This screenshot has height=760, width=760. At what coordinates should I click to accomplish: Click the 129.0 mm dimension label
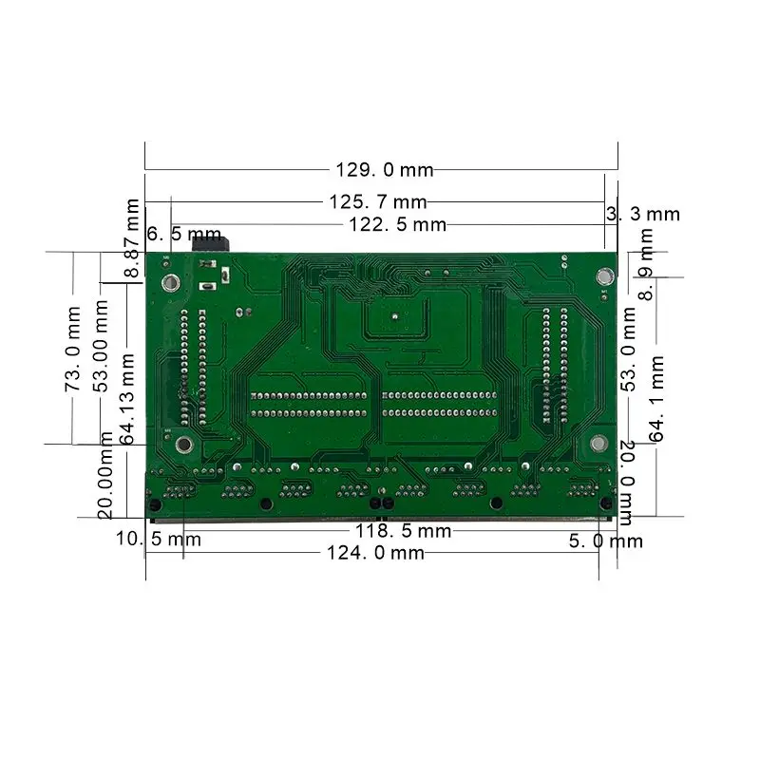coord(384,170)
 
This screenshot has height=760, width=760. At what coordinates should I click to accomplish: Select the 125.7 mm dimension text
coord(377,201)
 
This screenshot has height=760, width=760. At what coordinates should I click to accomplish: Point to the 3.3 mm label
coord(643,215)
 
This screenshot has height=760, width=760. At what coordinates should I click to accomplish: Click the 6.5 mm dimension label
coord(184,234)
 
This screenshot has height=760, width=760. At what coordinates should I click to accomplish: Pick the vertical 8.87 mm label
coord(134,238)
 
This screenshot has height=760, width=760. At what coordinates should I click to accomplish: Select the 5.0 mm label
coord(605,541)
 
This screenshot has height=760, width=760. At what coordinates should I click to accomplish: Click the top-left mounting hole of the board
coord(170,282)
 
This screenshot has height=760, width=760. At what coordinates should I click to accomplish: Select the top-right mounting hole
coord(602,276)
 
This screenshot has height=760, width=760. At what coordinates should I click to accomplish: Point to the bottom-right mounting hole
coord(598,443)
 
